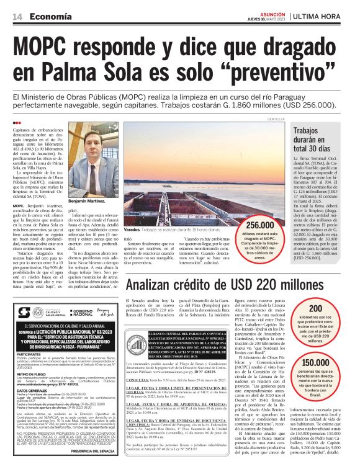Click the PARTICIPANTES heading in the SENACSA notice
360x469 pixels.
click(x=30, y=355)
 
